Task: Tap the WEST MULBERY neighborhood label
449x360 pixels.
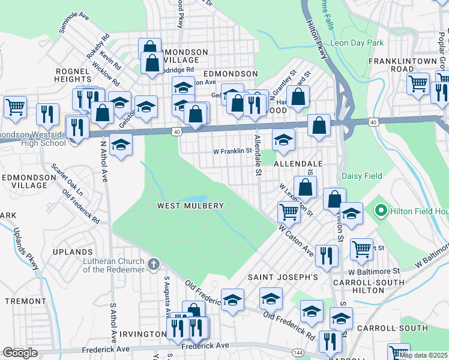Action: [x=190, y=206]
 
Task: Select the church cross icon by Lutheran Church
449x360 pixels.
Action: [x=154, y=263]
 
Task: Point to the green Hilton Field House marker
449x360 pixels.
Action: [x=379, y=211]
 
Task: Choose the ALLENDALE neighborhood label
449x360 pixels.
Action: [x=298, y=163]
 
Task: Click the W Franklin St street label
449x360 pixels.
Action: [x=232, y=151]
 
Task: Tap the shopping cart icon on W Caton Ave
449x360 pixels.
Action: [x=289, y=211]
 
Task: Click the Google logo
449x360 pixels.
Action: [x=20, y=353]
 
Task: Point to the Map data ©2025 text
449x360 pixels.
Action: [x=424, y=355]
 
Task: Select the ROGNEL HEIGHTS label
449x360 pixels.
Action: [x=73, y=75]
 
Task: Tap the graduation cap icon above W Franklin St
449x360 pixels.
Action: [x=283, y=140]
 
